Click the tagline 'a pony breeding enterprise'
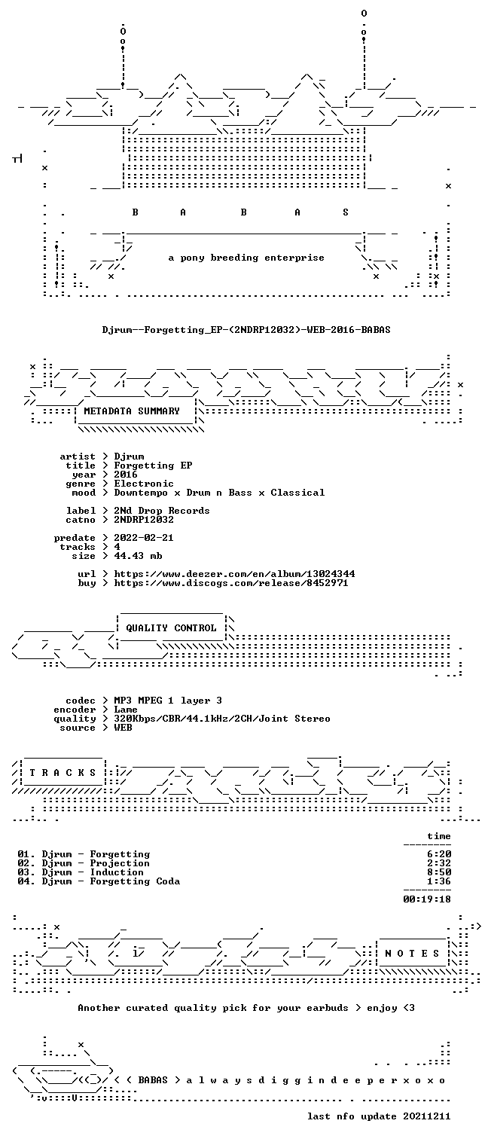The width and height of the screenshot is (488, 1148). click(x=246, y=258)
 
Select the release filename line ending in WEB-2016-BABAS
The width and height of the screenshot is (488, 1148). click(x=246, y=330)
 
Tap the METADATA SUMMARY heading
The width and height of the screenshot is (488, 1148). click(x=132, y=411)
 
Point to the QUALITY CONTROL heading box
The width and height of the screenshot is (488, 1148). click(x=171, y=627)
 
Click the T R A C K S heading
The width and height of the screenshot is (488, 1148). click(x=63, y=772)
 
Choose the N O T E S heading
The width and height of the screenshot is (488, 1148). click(x=412, y=953)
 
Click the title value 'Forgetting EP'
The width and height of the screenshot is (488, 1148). click(x=154, y=466)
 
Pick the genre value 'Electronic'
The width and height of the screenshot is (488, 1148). click(x=144, y=484)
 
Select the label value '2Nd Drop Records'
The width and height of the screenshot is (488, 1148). click(x=162, y=511)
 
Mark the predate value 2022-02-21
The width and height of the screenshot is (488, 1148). click(x=144, y=538)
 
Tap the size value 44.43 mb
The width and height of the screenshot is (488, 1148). click(x=138, y=556)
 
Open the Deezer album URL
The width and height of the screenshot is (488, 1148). click(x=234, y=574)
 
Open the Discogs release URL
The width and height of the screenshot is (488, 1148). click(x=231, y=583)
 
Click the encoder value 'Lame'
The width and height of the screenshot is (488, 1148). click(x=126, y=710)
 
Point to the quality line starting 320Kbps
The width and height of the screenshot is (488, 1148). click(x=222, y=719)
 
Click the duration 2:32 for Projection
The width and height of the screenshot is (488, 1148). click(x=439, y=863)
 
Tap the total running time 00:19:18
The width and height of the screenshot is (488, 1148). click(x=427, y=899)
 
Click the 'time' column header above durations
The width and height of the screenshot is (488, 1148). click(x=439, y=836)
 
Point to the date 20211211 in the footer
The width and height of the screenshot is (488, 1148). click(x=427, y=1116)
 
